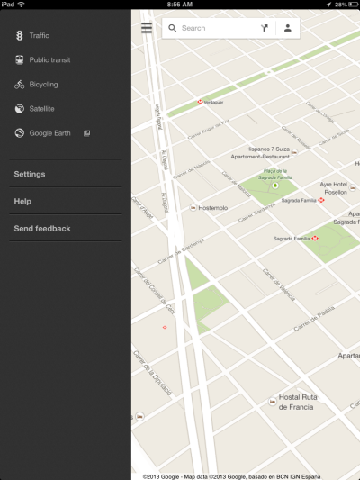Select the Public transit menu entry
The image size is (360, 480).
(x=49, y=59)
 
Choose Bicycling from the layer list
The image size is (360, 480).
(x=43, y=84)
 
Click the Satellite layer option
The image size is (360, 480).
(x=41, y=108)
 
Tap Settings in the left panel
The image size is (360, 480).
(x=30, y=174)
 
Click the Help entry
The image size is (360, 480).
(x=22, y=201)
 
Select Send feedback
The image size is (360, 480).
(x=42, y=229)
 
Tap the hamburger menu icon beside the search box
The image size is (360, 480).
(x=147, y=28)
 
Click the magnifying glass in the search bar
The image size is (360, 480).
(x=172, y=28)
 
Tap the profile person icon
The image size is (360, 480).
(x=288, y=28)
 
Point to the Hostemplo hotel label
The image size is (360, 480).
(x=212, y=208)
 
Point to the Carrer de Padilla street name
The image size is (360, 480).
(x=315, y=308)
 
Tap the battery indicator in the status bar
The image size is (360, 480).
(x=349, y=5)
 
